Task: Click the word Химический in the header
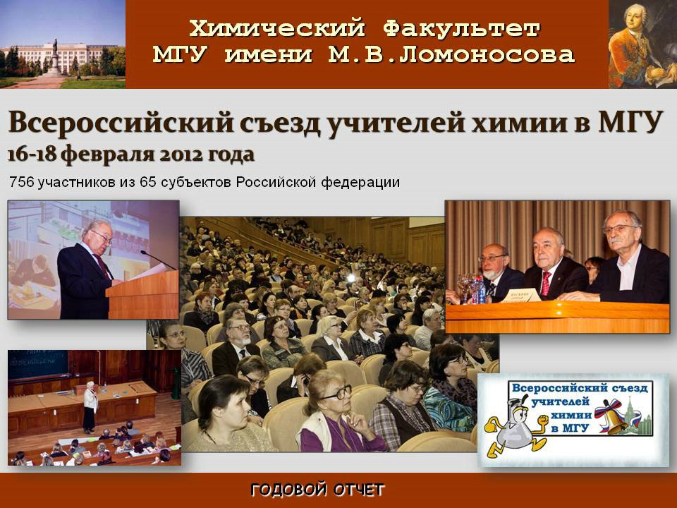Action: click(276, 28)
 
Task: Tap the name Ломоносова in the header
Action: click(487, 54)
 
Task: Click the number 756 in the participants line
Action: click(21, 182)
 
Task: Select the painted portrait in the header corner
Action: click(642, 44)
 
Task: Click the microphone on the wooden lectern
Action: click(157, 260)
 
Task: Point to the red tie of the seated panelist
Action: click(546, 284)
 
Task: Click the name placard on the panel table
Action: click(522, 296)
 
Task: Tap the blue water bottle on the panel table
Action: click(481, 289)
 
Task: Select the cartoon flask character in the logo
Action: click(516, 428)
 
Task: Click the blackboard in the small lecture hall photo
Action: click(38, 364)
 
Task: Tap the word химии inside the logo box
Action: click(571, 415)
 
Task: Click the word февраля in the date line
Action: click(107, 155)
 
